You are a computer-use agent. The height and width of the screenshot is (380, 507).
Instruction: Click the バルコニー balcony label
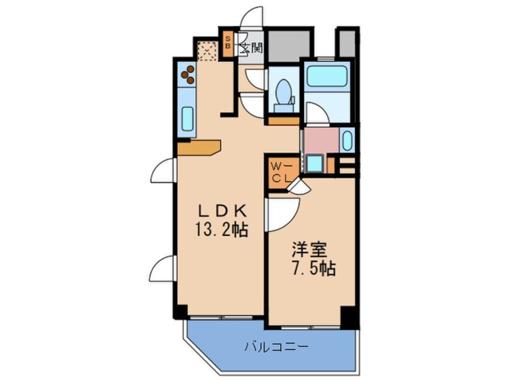click(276, 347)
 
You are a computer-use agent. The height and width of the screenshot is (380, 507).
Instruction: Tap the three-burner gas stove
click(188, 74)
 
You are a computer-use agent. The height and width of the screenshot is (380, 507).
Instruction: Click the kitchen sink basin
click(187, 119)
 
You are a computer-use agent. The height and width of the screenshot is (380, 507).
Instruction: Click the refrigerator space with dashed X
click(207, 51)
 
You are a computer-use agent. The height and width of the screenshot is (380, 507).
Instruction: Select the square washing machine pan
click(314, 163)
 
